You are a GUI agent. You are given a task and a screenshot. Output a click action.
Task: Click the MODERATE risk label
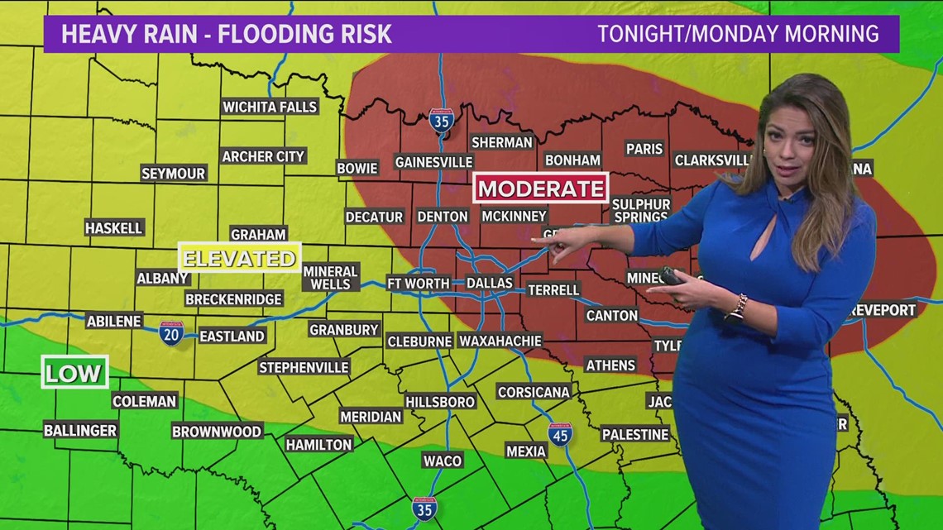pos(541,188)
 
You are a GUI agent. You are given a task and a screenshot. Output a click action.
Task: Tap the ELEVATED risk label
pos(239,258)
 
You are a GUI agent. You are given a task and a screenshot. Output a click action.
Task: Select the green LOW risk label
pos(74,372)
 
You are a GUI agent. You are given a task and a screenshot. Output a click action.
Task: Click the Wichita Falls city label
pos(270,107)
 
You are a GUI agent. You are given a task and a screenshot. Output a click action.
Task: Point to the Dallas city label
pos(490,283)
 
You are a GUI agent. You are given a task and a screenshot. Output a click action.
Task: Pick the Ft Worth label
pos(419,283)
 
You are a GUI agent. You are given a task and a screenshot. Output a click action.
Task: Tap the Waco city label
pos(442,460)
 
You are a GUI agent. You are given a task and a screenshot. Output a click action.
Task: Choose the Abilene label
pos(114,321)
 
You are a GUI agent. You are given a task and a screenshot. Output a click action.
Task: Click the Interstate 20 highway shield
pos(171,333)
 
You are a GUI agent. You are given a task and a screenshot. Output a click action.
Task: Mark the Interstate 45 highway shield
pos(560,433)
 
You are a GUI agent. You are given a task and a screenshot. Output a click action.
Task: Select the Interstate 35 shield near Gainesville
pos(441,121)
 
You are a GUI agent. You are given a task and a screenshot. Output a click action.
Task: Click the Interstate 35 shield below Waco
pos(424,508)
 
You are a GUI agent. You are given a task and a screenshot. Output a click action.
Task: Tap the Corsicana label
pos(534,392)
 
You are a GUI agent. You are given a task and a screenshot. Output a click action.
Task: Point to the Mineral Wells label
pos(330,277)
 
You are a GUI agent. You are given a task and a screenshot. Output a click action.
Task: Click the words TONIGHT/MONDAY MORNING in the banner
pos(738,34)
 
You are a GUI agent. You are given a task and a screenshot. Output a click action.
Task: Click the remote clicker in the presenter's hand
pos(671,276)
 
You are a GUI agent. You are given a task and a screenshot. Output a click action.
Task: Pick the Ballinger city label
pos(80,430)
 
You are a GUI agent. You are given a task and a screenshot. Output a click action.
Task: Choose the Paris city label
pos(644,149)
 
